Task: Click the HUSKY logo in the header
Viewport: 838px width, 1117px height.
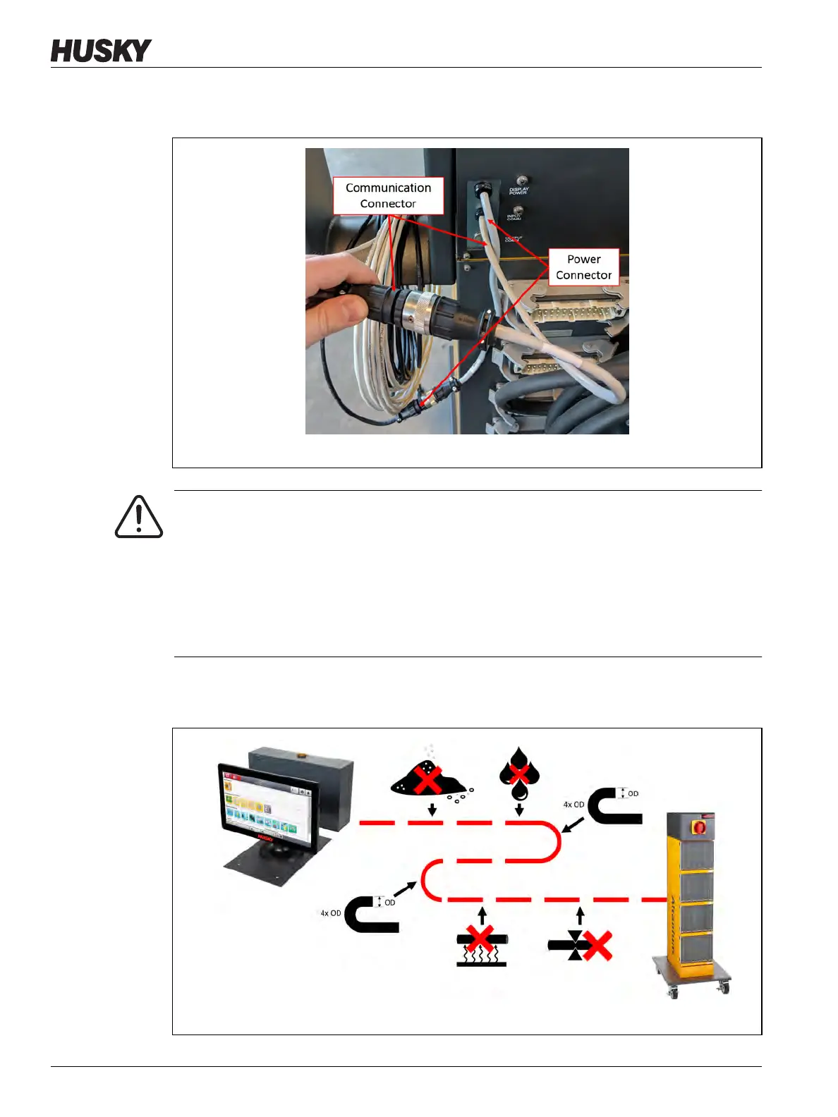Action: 101,51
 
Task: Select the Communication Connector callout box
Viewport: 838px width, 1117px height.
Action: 388,196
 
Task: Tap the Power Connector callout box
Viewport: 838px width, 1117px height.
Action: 583,267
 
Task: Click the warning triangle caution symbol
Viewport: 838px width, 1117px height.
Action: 139,518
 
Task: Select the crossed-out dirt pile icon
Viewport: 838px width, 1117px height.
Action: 427,779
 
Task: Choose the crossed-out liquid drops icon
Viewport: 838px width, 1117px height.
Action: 519,774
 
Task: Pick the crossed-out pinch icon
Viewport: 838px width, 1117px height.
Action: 581,945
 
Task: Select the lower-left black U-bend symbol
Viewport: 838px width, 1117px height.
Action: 371,914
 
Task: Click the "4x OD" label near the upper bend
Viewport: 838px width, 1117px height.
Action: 573,805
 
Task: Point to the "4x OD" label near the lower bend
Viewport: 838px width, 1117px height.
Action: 330,913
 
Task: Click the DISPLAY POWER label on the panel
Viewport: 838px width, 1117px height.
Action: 518,190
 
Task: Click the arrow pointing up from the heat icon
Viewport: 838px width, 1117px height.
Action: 482,916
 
